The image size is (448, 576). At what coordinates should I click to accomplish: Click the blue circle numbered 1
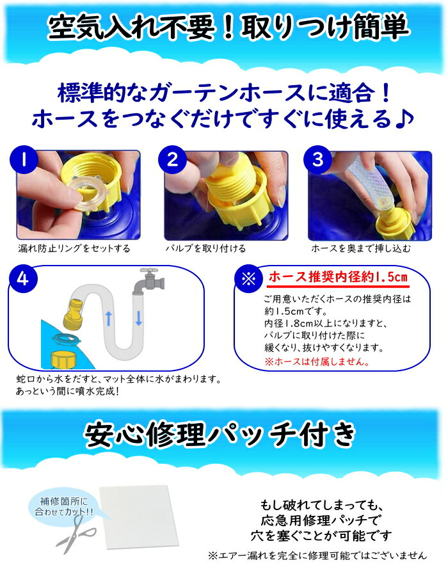pos(24,160)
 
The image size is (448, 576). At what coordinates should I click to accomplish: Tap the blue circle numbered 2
pos(172,160)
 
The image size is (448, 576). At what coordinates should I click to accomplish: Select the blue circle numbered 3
pos(317,160)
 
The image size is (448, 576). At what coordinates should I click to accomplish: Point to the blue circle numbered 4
pos(23,279)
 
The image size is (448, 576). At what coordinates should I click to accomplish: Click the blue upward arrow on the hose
pos(109,319)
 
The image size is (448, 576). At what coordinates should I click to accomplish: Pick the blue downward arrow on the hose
pos(139,318)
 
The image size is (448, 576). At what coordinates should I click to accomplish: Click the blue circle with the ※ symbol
pos(248,279)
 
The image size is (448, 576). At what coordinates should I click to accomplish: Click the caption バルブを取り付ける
pos(205,249)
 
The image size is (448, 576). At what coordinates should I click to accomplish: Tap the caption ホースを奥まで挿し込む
pos(360,249)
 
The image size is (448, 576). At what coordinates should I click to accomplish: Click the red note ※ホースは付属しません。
pos(317,362)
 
